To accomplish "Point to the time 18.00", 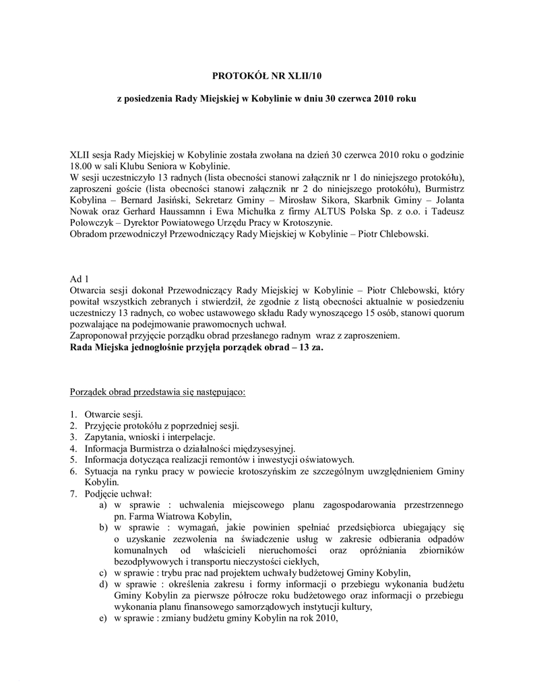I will [x=81, y=166].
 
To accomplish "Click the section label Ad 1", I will [x=79, y=278].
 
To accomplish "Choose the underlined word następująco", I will [x=219, y=391].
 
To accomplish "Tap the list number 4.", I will [x=73, y=449].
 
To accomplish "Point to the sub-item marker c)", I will [x=103, y=573].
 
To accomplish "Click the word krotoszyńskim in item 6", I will [x=290, y=472].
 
